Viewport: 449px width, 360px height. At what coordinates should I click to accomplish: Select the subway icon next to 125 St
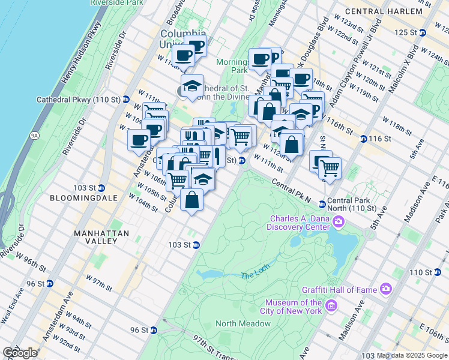click(423, 32)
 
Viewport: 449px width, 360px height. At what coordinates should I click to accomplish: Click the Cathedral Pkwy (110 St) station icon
click(126, 99)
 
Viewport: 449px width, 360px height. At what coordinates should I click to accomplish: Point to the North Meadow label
click(243, 323)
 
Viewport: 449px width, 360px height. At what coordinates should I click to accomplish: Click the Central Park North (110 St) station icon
click(322, 204)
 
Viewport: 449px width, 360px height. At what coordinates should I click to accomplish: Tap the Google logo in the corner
click(20, 353)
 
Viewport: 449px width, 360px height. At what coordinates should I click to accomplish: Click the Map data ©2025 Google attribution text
click(412, 355)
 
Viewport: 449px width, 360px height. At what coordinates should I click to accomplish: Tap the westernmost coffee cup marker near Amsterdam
click(139, 141)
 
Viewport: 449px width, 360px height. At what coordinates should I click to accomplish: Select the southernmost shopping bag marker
click(191, 200)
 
